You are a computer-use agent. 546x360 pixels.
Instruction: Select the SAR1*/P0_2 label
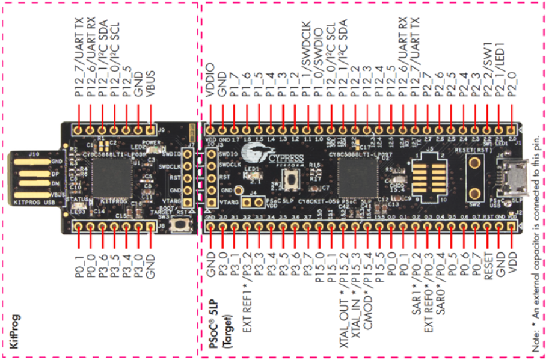(416, 279)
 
